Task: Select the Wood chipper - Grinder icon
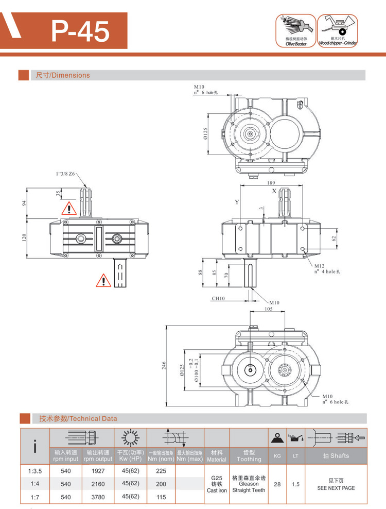[x=338, y=30]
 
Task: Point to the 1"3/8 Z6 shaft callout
[x=65, y=175]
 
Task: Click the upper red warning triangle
[x=68, y=209]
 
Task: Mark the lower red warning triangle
[x=103, y=280]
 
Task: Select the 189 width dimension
[x=271, y=183]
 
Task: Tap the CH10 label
[x=219, y=298]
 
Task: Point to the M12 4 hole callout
[x=330, y=268]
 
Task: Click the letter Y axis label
[x=237, y=201]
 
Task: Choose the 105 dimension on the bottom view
[x=268, y=309]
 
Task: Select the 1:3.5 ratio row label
[x=34, y=471]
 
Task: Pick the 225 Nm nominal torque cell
[x=161, y=471]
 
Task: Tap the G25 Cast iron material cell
[x=217, y=484]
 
